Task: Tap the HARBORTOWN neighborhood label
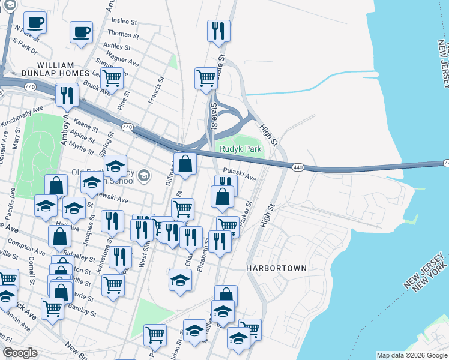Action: pyautogui.click(x=276, y=268)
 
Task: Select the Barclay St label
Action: pyautogui.click(x=83, y=312)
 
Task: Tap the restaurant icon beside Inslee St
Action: pyautogui.click(x=217, y=30)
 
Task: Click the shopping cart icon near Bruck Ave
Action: pyautogui.click(x=111, y=77)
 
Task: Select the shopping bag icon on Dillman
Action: pyautogui.click(x=185, y=163)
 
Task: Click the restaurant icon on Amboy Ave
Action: pyautogui.click(x=67, y=95)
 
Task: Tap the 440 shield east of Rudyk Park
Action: pyautogui.click(x=298, y=167)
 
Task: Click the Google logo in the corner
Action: pyautogui.click(x=20, y=353)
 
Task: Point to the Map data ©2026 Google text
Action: pyautogui.click(x=411, y=355)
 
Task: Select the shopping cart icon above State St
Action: pyautogui.click(x=206, y=77)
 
